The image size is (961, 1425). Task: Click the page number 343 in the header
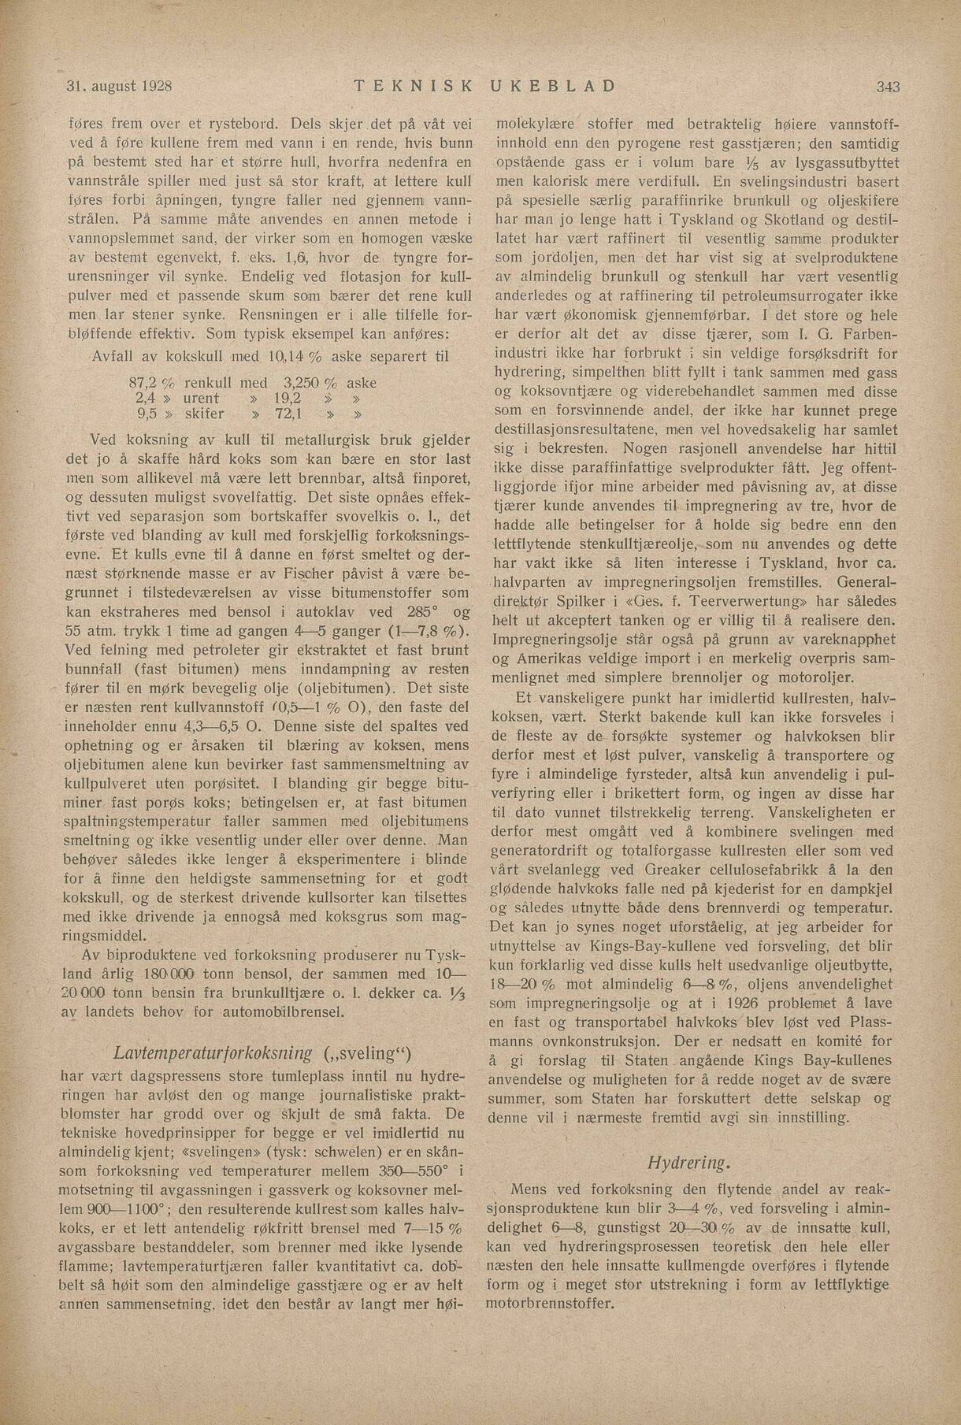coord(886,86)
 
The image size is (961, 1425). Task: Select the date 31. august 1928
coord(119,85)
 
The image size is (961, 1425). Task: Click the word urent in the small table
coord(201,399)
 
